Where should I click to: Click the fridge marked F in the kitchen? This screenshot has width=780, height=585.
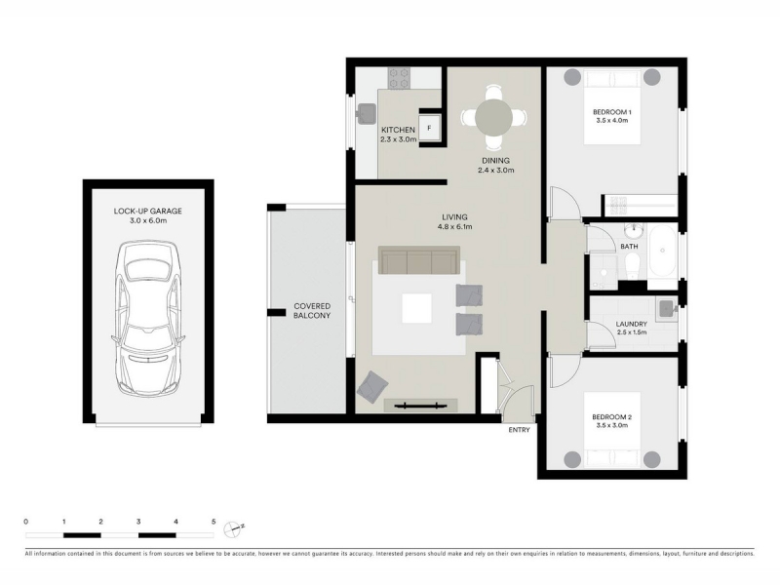pyautogui.click(x=429, y=129)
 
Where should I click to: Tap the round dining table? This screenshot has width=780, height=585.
pyautogui.click(x=493, y=118)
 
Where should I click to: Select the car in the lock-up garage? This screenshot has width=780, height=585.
pyautogui.click(x=148, y=319)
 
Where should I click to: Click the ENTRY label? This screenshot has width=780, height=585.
pyautogui.click(x=519, y=430)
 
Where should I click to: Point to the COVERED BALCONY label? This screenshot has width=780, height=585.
pyautogui.click(x=312, y=311)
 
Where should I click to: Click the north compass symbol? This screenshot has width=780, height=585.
pyautogui.click(x=233, y=528)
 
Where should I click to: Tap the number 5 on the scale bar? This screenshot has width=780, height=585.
pyautogui.click(x=214, y=522)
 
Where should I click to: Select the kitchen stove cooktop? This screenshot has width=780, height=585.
pyautogui.click(x=400, y=78)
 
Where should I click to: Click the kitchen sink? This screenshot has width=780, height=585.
pyautogui.click(x=367, y=114)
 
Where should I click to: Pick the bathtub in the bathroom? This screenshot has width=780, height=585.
pyautogui.click(x=661, y=252)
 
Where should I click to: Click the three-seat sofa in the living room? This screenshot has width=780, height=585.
pyautogui.click(x=419, y=259)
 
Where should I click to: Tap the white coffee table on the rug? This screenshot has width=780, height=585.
pyautogui.click(x=416, y=308)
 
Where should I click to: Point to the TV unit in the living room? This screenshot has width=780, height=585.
pyautogui.click(x=420, y=405)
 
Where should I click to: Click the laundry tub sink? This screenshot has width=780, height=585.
pyautogui.click(x=667, y=309)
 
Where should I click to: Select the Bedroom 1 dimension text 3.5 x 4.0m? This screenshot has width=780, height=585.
pyautogui.click(x=612, y=120)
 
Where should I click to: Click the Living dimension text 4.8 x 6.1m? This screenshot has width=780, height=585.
pyautogui.click(x=454, y=227)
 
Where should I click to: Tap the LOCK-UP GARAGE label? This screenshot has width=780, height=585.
pyautogui.click(x=148, y=211)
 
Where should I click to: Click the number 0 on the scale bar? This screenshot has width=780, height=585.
pyautogui.click(x=26, y=522)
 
